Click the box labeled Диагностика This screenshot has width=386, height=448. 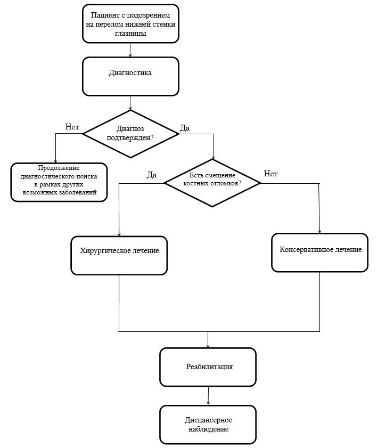130,76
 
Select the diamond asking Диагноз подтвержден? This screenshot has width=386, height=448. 130,134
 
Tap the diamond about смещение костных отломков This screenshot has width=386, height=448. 212,183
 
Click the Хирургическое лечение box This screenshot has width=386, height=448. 119,255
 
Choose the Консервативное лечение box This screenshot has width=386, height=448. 319,252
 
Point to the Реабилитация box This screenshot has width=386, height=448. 208,367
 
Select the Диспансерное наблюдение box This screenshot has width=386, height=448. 208,425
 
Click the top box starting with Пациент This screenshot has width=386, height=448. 130,24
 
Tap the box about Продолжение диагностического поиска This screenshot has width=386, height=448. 59,182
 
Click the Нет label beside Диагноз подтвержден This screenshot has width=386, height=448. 72,127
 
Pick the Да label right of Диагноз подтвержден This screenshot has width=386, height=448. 185,128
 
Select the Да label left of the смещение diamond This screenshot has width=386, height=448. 152,175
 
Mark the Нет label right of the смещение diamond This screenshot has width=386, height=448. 270,174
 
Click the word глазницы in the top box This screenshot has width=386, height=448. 130,34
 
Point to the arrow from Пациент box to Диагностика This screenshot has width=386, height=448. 130,50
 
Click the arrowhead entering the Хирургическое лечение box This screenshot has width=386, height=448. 119,234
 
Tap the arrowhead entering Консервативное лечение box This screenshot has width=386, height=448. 319,231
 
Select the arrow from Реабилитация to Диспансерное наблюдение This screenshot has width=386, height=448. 208,396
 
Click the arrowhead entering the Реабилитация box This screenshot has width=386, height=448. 208,346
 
